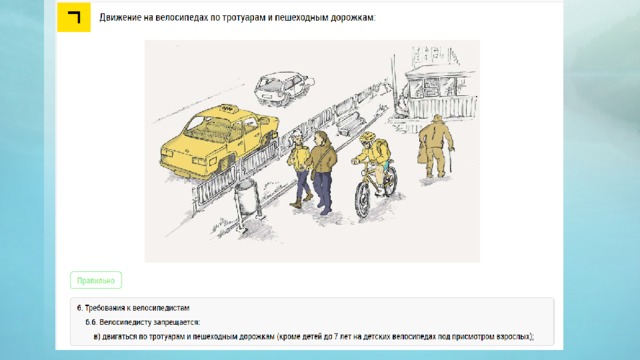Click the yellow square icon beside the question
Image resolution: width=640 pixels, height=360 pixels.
pos(74,17)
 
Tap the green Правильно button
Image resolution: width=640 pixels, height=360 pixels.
pos(96,280)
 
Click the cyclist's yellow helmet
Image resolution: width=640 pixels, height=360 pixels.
pos(367,137)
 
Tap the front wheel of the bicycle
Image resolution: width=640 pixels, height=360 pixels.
pos(362,200)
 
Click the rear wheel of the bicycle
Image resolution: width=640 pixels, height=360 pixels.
pos(391,180)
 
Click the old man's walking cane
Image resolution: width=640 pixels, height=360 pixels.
pos(451,160)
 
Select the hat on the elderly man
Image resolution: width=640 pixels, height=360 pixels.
pos(438,118)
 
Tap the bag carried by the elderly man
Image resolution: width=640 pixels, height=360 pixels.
pos(421,155)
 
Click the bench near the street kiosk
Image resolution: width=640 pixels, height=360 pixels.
pos(351,122)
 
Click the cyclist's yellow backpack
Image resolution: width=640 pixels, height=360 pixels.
pos(383,150)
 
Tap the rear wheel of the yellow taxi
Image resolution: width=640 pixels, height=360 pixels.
pos(223,166)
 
